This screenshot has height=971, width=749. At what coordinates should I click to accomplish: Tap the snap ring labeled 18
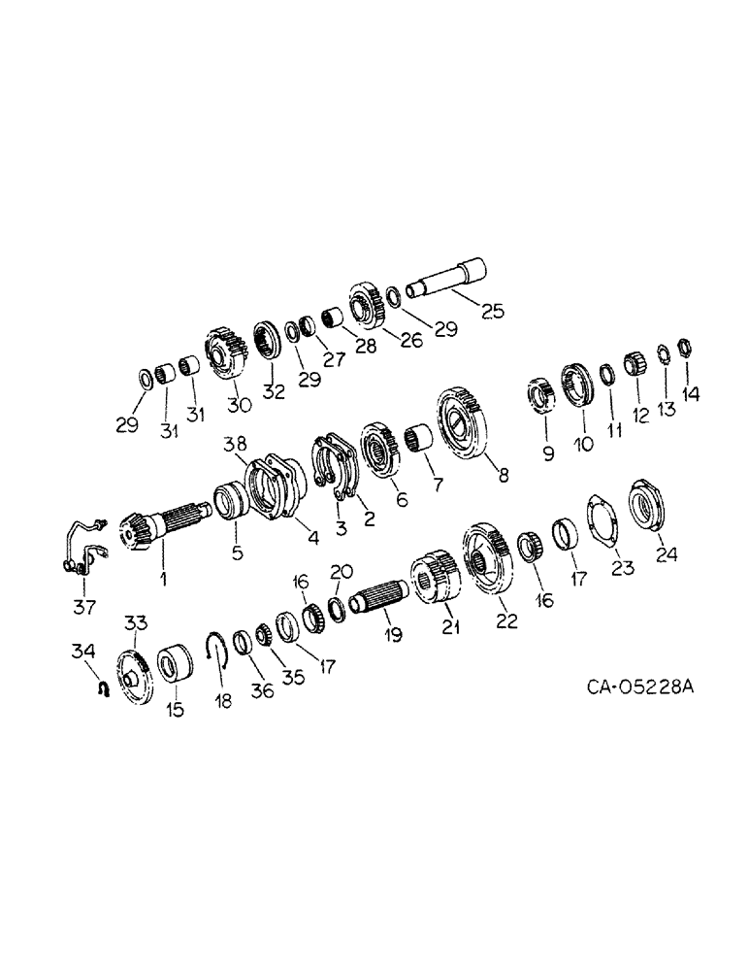pos(218,645)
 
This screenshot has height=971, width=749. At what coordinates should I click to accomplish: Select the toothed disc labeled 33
pos(130,670)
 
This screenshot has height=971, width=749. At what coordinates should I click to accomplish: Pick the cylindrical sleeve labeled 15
pos(174,670)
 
